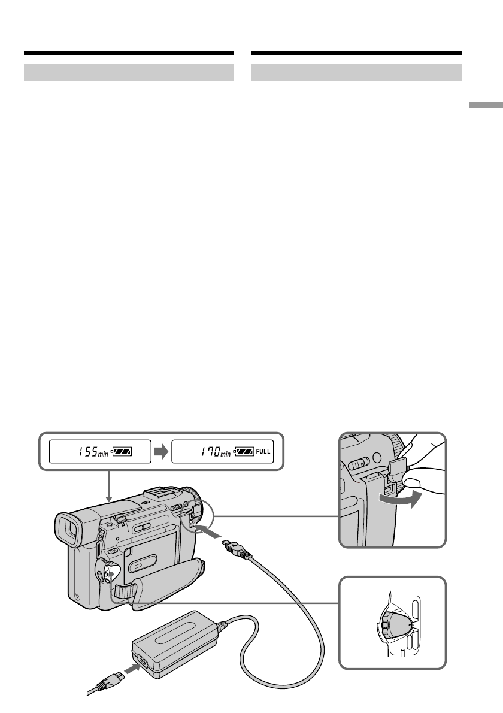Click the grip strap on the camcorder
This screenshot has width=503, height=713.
(x=162, y=578)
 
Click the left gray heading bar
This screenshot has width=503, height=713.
(x=129, y=73)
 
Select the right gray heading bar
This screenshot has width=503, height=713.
(x=356, y=73)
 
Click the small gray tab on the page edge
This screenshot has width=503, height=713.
(x=486, y=106)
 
